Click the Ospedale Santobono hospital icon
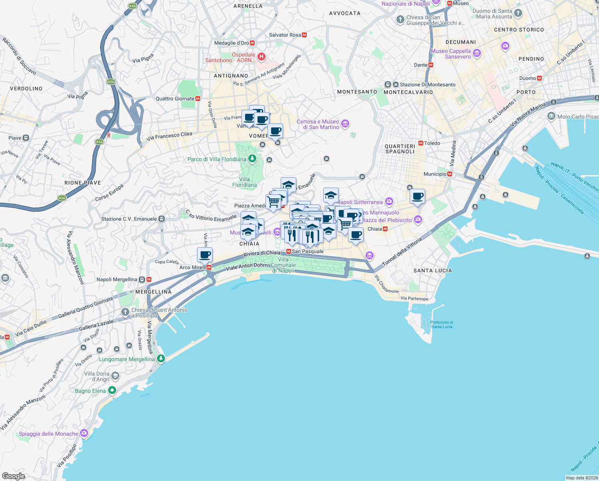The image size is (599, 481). point(261,57)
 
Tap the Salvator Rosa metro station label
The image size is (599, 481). point(285,35)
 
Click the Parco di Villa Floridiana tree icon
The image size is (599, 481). point(252,159)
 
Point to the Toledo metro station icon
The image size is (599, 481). point(420,143)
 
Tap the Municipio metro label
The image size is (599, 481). point(435,174)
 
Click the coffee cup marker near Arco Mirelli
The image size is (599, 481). point(205,255)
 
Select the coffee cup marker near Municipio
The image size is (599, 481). point(417,196)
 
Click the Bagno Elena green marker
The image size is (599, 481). point(112,390)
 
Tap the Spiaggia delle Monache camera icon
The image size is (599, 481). point(84,433)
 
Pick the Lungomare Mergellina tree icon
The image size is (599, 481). point(161,359)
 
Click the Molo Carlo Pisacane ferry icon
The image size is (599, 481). point(551,117)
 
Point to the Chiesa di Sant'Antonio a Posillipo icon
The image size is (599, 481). point(125,312)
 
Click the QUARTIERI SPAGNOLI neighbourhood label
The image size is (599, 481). point(400,149)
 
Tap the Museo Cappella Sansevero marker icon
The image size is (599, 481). point(476,53)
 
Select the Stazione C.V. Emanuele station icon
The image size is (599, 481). point(161,219)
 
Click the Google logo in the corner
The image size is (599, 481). point(13,476)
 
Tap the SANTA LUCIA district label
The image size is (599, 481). point(432,271)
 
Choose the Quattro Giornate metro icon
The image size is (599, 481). point(197,99)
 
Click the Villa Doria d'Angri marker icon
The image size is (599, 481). point(115,376)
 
